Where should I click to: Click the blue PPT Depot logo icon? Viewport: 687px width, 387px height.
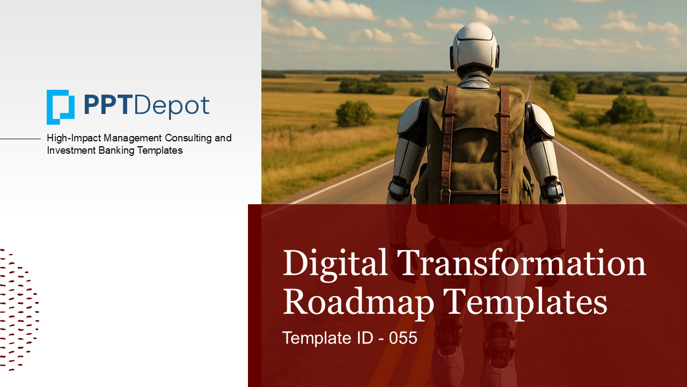tap(60, 106)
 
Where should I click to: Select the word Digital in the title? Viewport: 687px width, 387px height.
tap(334, 263)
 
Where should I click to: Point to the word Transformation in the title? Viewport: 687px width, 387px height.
tap(521, 263)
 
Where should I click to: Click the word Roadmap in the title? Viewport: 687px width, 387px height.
tap(358, 302)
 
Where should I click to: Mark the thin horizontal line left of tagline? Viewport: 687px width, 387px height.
tap(20, 139)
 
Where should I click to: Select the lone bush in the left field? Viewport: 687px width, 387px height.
tap(355, 114)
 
